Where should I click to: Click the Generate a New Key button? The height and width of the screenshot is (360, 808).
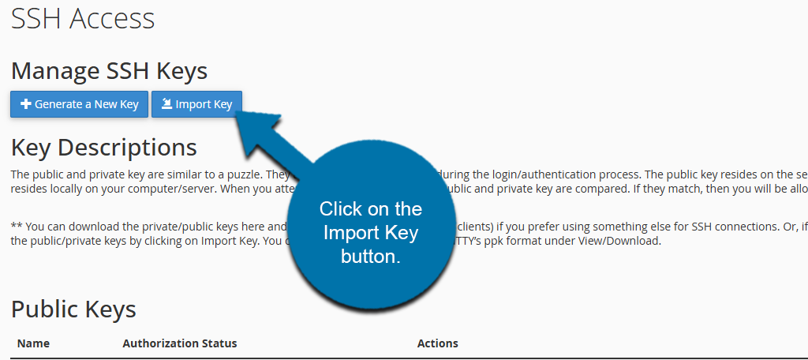[79, 104]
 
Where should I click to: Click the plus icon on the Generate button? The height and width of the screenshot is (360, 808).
[25, 104]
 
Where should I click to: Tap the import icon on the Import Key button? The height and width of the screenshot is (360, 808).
[166, 104]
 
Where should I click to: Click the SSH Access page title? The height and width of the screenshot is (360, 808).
[83, 19]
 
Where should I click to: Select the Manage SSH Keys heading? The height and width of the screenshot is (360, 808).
[109, 71]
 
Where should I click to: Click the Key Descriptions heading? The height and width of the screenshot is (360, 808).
[103, 147]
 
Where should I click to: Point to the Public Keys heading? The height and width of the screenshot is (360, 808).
[73, 309]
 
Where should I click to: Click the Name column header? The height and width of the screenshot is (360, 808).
[33, 343]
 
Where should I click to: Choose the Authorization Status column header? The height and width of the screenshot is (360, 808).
[180, 343]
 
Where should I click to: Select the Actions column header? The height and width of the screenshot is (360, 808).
[437, 343]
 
